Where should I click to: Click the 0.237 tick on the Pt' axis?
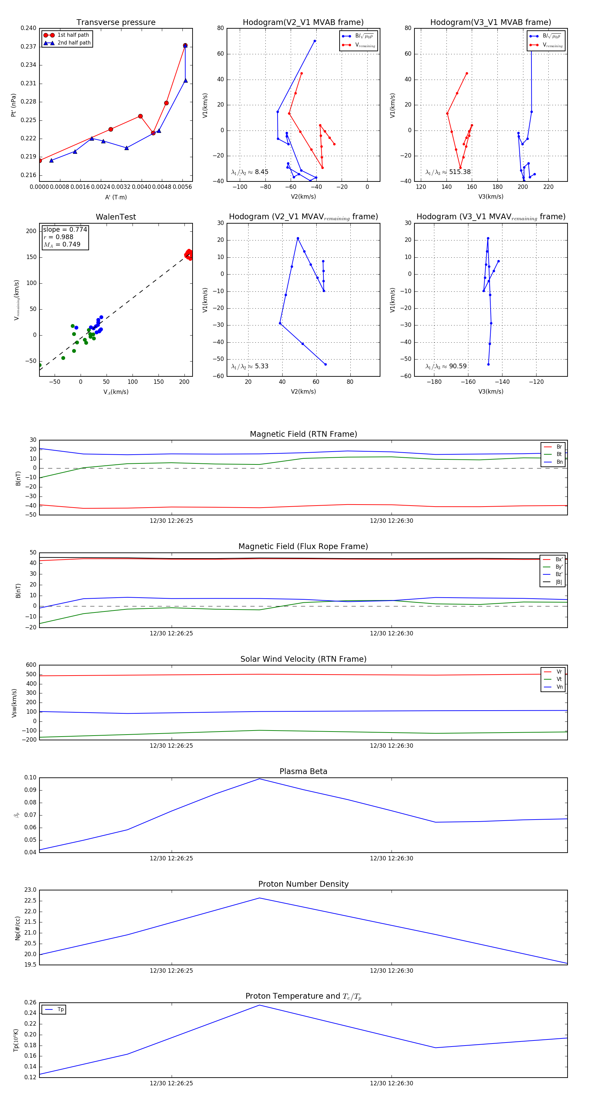tap(29, 47)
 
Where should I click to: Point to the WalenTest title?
tap(116, 217)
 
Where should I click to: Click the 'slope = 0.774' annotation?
tap(65, 229)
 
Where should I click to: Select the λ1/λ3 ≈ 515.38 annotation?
tap(448, 172)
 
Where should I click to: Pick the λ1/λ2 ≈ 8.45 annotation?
tap(250, 172)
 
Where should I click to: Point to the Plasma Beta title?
tap(303, 771)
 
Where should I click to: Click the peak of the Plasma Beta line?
tap(259, 779)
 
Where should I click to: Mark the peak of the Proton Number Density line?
tap(259, 898)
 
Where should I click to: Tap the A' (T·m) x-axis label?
tap(116, 197)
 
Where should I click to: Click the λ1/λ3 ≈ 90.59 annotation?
tap(446, 366)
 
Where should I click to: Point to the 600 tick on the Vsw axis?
tap(31, 665)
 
